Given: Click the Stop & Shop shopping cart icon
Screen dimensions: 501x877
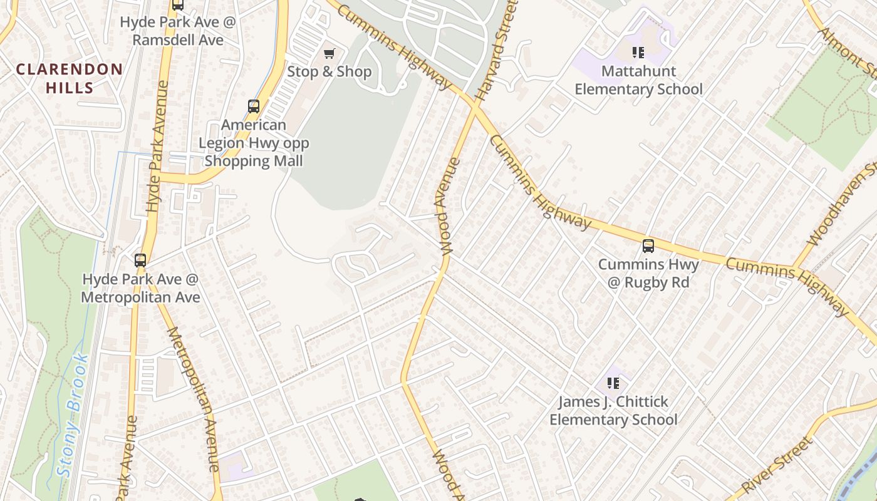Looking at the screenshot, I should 329,54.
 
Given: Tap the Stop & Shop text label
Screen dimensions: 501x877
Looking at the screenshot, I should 329,72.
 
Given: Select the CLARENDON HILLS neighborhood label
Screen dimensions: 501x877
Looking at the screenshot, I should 69,78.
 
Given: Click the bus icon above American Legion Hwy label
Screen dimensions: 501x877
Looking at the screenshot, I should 253,106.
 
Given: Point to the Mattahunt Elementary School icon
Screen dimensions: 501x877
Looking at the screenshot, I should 638,53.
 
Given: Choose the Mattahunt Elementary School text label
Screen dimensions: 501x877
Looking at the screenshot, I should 638,80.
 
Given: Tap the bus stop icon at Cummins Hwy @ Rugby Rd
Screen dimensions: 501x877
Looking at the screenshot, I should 648,246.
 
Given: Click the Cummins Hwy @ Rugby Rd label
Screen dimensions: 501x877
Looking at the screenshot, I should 648,273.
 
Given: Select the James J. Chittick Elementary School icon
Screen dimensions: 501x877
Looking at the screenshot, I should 613,383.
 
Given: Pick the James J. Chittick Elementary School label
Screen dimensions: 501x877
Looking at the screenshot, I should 613,410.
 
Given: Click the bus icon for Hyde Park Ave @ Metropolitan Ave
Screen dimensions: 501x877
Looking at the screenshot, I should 140,261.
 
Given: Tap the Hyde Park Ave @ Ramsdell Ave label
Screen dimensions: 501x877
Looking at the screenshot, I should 172,31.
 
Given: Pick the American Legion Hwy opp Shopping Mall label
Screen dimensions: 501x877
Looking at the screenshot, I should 254,143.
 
